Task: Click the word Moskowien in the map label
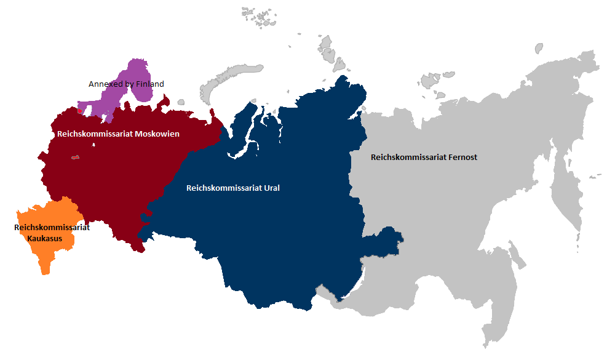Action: click(x=156, y=134)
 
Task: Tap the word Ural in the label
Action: click(x=271, y=188)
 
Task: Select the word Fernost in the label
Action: click(x=462, y=157)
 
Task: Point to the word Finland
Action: click(x=150, y=84)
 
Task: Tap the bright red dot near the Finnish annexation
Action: click(x=79, y=111)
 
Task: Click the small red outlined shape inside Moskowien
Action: click(x=76, y=158)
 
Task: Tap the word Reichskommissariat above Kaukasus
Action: click(x=52, y=228)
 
